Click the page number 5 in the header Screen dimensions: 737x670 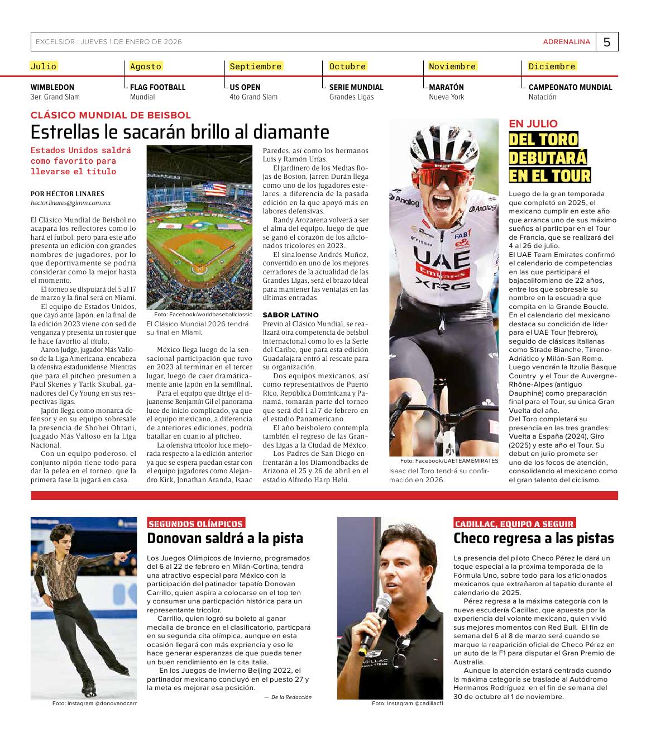(607, 42)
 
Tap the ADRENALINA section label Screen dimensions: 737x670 (566, 42)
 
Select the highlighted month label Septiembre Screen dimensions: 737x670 (256, 66)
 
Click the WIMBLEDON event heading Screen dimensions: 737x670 (52, 87)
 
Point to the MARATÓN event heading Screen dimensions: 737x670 (446, 87)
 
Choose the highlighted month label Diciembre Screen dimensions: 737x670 (552, 66)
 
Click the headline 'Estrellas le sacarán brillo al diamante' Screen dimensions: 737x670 (180, 132)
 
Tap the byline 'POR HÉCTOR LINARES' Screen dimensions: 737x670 (67, 194)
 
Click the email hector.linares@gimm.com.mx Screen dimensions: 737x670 (70, 203)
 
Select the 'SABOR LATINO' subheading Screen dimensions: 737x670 (290, 315)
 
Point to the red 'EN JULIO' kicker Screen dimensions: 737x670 (533, 124)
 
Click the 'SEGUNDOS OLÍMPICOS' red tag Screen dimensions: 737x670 (195, 524)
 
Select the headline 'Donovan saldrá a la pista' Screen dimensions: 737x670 (225, 539)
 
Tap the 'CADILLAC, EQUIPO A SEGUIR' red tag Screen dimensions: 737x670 (514, 524)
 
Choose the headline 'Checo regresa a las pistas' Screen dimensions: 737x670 (533, 539)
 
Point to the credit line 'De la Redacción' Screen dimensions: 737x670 (290, 697)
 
